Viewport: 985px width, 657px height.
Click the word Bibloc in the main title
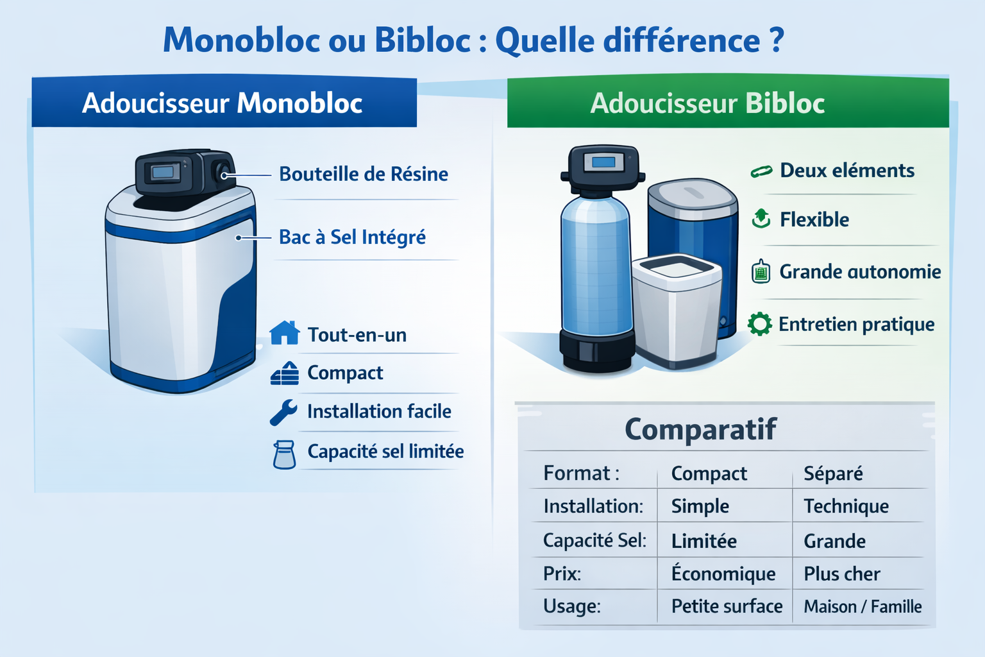tap(423, 40)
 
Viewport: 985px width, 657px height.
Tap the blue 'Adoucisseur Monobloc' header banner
tap(224, 102)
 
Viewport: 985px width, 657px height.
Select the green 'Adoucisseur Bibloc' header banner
tap(728, 102)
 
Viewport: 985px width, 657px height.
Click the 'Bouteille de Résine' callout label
tap(364, 174)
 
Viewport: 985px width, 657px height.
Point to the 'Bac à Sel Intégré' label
tap(352, 237)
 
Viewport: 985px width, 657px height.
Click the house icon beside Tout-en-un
tap(285, 333)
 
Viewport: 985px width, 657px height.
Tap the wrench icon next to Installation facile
tap(283, 412)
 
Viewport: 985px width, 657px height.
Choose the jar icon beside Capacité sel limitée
tap(284, 455)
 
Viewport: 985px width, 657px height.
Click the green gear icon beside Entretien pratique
tap(759, 324)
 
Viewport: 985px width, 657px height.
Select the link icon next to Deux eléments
tap(761, 171)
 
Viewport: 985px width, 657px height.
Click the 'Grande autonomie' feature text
tap(860, 271)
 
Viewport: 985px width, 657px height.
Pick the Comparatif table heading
tap(700, 429)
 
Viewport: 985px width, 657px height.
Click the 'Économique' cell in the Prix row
tap(723, 573)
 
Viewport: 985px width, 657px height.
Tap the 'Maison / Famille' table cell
tap(863, 606)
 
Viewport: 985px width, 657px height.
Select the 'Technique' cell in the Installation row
tap(846, 506)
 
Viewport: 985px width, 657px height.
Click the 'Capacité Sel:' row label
tap(594, 540)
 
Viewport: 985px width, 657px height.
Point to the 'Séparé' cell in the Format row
tap(833, 474)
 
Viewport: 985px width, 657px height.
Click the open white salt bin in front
tap(676, 311)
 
